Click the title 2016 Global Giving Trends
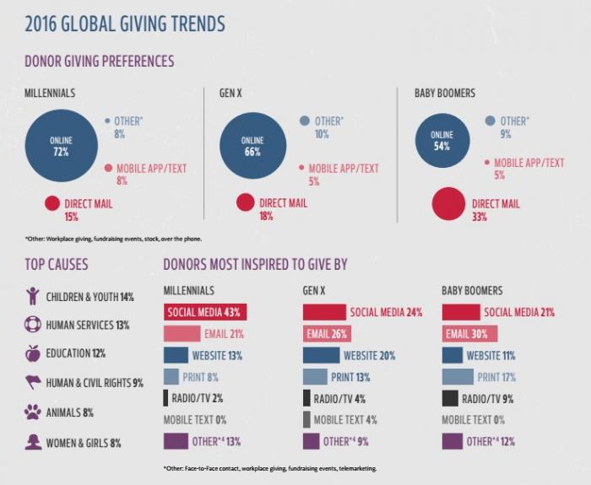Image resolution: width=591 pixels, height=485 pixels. coord(124,24)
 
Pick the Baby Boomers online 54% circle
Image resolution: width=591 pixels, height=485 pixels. coord(442,140)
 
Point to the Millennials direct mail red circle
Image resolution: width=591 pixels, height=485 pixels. coord(52,203)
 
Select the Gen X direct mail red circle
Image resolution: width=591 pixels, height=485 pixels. coord(246,202)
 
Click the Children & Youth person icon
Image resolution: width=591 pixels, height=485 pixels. coord(33,296)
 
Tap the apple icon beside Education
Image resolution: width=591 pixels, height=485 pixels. coord(33,353)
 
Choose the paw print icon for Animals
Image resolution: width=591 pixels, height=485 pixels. coord(33,412)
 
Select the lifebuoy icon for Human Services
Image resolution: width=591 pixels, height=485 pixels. coord(33,324)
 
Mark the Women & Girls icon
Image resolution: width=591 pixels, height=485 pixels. coord(33,440)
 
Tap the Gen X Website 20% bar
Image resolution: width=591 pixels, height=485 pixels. coord(321,355)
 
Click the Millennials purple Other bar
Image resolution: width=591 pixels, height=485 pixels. coord(175,440)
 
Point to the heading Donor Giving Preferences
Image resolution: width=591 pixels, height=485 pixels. coord(100,62)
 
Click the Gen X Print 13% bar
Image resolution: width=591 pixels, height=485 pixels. coord(315,377)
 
